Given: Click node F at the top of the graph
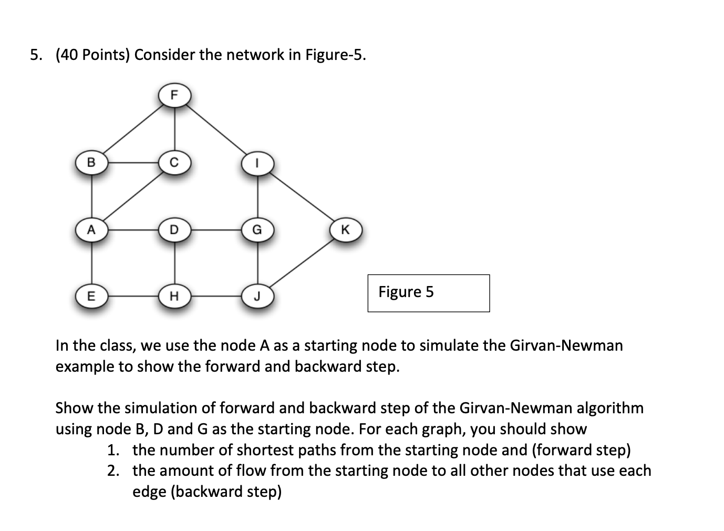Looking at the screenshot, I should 174,95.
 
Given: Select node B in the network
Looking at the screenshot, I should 91,162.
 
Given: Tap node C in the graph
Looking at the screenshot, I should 174,162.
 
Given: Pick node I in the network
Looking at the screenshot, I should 257,163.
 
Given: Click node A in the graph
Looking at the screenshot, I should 91,230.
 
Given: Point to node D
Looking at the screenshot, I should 174,230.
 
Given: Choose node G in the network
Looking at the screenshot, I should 257,230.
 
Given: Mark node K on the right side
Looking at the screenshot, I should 345,230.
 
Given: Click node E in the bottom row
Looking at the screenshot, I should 91,297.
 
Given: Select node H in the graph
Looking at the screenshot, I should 174,297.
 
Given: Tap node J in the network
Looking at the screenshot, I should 257,297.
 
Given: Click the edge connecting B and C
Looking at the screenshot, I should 133,162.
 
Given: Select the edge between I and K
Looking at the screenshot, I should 302,197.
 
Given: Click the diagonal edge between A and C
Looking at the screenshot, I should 133,196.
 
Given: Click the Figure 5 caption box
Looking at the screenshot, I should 428,292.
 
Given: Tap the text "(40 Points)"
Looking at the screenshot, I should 92,55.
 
